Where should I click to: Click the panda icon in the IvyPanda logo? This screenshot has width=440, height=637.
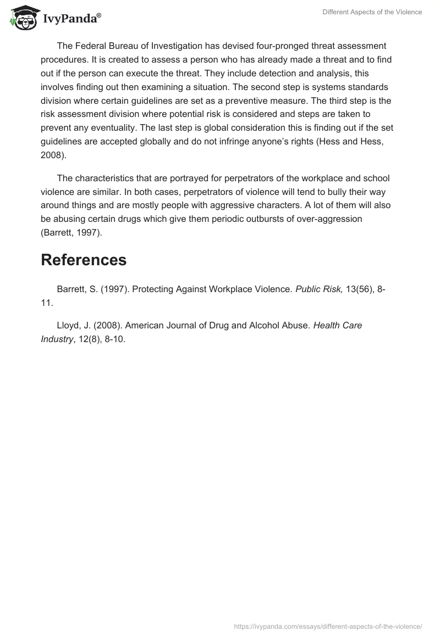tap(23, 17)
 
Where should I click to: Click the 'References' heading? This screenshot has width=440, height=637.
tap(84, 260)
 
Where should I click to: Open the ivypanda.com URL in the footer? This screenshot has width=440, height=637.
tap(328, 626)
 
